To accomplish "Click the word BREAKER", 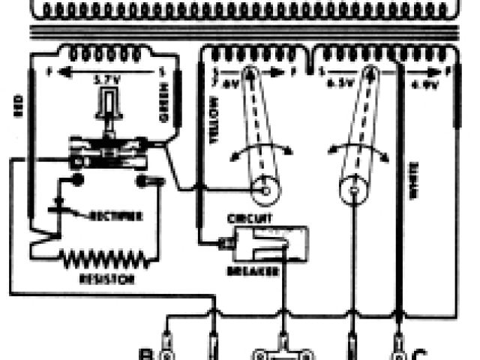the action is [256, 270].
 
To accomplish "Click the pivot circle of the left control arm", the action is [262, 192].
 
